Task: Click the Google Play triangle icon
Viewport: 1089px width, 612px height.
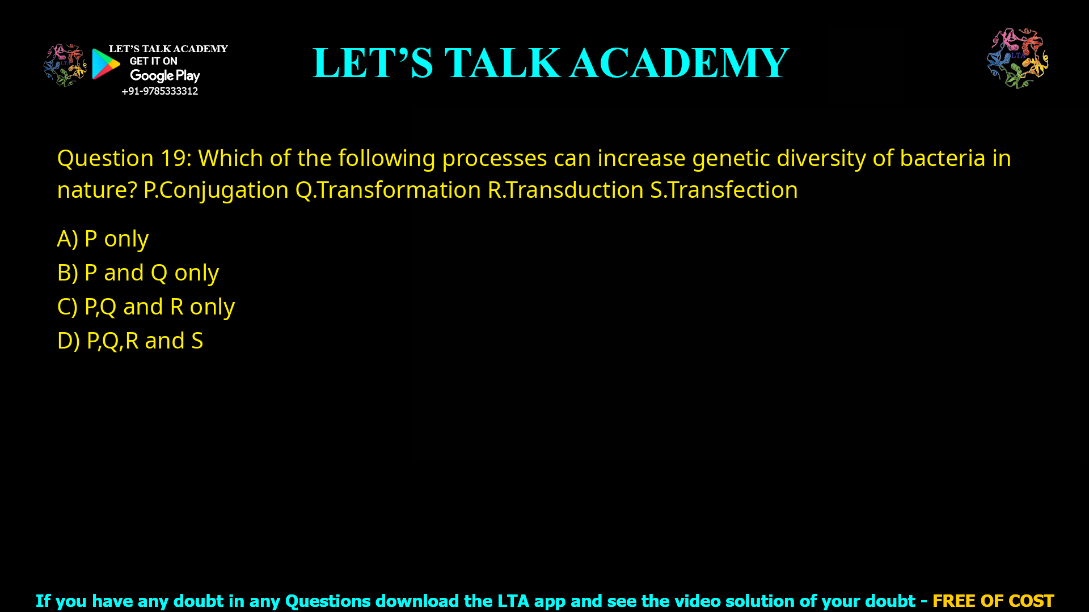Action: [x=105, y=64]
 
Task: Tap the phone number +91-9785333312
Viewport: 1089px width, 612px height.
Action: [x=159, y=91]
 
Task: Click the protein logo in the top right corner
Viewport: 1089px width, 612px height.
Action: [x=1018, y=58]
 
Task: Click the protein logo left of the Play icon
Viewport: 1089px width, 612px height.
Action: [x=65, y=65]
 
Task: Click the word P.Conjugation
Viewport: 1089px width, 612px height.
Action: [x=216, y=190]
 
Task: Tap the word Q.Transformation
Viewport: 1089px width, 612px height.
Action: [x=388, y=190]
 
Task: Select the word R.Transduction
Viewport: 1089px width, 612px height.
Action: [x=565, y=190]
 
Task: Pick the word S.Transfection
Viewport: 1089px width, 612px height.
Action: [x=724, y=190]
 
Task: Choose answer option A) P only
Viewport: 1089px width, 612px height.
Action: [x=103, y=239]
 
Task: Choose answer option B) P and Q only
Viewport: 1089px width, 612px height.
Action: [x=138, y=273]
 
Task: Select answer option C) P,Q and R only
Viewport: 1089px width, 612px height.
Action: [x=146, y=307]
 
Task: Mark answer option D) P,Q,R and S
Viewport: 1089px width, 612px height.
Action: [x=130, y=341]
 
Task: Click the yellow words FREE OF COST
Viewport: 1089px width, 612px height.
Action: [x=993, y=601]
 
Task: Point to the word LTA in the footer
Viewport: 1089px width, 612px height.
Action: [x=513, y=601]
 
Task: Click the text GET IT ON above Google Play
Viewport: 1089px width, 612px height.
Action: [x=153, y=61]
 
